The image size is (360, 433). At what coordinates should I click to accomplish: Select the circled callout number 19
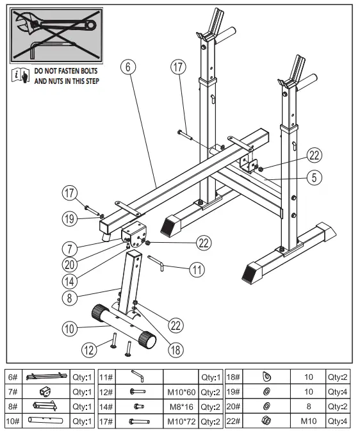tap(70, 218)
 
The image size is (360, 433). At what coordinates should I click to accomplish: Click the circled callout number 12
tap(90, 349)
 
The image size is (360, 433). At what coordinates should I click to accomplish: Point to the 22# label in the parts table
tap(233, 421)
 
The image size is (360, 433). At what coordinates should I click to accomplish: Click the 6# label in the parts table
tap(13, 377)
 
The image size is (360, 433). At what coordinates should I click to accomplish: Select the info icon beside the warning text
tap(20, 76)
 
